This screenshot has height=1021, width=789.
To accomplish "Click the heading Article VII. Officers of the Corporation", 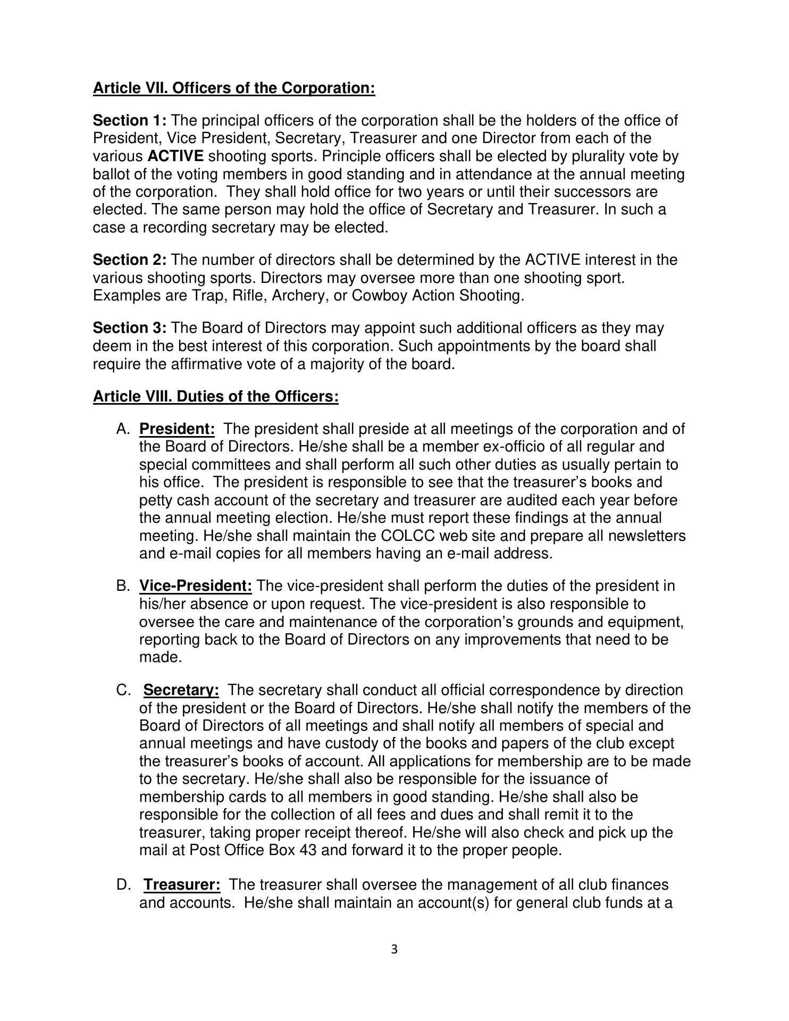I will [x=234, y=88].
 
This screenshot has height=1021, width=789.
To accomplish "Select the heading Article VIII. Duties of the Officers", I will [x=215, y=397].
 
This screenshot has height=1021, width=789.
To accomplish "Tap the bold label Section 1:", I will [x=130, y=120].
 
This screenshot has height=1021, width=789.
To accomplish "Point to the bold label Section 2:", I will [x=130, y=260].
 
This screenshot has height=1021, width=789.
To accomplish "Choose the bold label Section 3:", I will [x=130, y=328].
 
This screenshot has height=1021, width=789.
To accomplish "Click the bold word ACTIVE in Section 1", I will [x=175, y=156].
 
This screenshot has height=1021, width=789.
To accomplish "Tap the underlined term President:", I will [x=177, y=429].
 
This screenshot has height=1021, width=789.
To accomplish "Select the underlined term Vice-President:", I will [x=195, y=586].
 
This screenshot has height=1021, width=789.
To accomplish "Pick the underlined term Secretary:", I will [x=181, y=690].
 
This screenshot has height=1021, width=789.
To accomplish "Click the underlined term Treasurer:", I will [x=182, y=885].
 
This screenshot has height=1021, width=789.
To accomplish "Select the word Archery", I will [x=296, y=296].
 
